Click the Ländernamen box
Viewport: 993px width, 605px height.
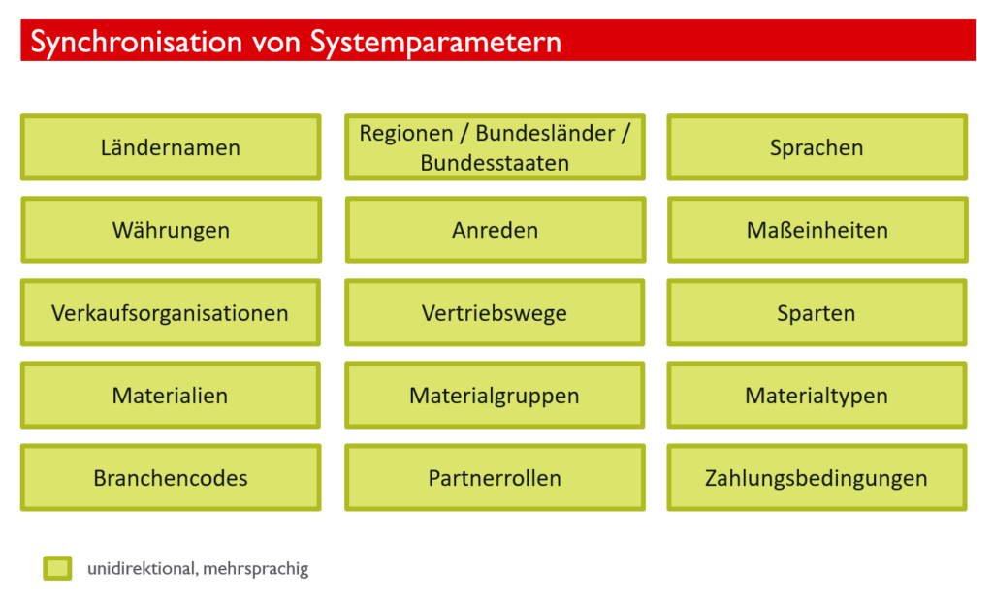point(171,147)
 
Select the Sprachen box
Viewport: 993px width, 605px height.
point(817,147)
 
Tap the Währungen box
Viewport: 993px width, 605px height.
point(171,230)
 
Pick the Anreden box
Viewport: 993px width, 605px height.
point(496,230)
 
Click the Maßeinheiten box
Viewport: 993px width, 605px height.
point(817,230)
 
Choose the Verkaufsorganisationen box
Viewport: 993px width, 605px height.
point(171,312)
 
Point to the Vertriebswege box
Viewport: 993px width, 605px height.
point(496,312)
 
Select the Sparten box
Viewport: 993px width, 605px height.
point(817,312)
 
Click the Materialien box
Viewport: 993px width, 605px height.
point(171,395)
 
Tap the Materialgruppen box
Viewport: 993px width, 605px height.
point(496,395)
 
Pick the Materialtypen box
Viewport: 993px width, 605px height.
point(817,395)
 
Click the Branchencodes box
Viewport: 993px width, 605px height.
point(171,478)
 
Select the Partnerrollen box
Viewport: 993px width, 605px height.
point(496,478)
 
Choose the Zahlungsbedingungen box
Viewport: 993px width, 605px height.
point(817,478)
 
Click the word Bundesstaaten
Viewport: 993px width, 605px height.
point(495,163)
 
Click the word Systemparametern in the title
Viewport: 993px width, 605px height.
point(435,43)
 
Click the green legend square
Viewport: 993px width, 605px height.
point(57,568)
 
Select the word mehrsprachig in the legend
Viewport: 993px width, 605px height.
point(256,569)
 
